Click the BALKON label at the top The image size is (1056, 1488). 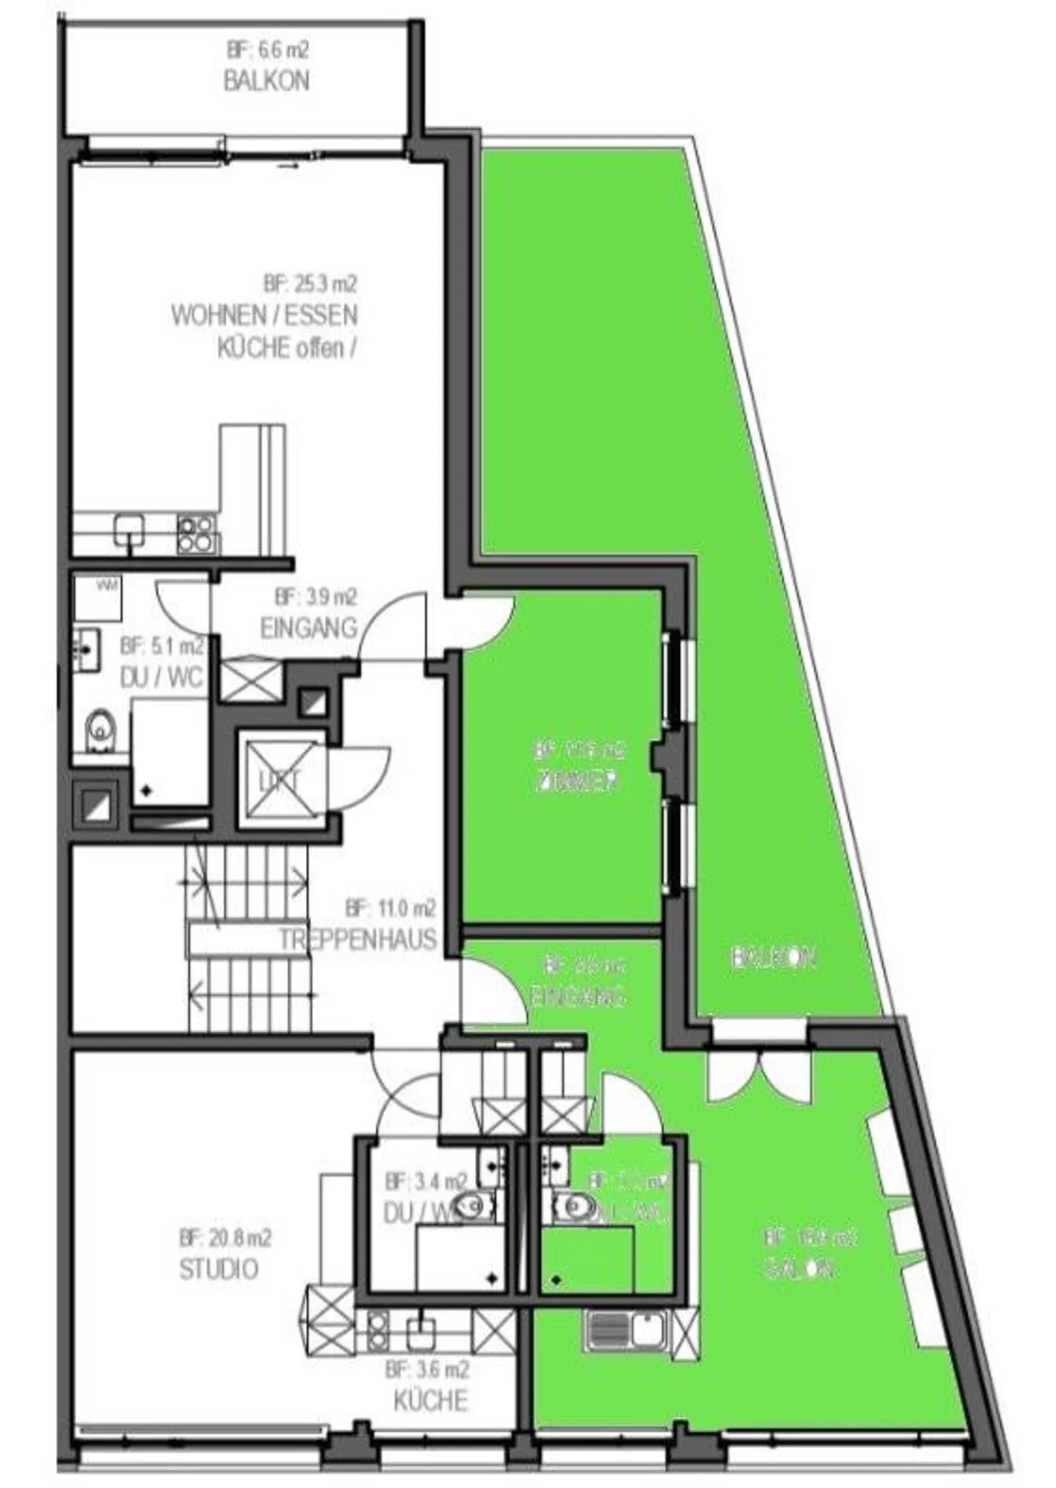tap(265, 80)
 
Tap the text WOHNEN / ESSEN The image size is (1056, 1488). tap(264, 315)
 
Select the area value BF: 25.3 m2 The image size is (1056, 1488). tap(309, 283)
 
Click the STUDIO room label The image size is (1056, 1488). tap(219, 1269)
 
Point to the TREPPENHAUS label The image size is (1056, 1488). tap(357, 939)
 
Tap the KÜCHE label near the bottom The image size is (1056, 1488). tap(430, 1401)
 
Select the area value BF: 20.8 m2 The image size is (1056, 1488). tap(225, 1238)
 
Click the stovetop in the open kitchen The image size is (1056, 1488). tap(197, 533)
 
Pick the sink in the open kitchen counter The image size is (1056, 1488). tap(129, 529)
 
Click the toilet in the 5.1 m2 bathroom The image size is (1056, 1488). tap(98, 730)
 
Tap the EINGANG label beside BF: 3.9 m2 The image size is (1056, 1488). tap(308, 628)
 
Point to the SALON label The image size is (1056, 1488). tap(799, 1269)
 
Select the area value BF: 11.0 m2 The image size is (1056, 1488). tap(390, 909)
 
